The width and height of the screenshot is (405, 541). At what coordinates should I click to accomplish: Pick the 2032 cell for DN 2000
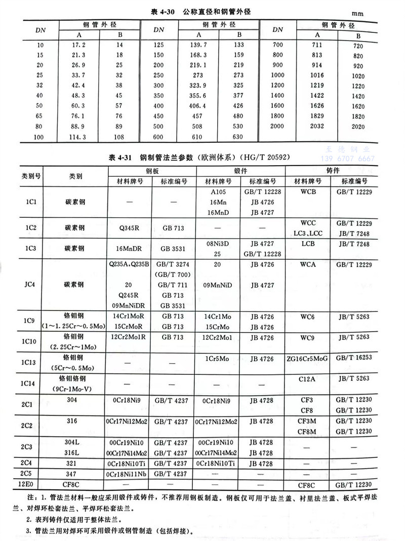pos(317,126)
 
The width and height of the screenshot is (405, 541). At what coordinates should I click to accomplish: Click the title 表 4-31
pos(121,157)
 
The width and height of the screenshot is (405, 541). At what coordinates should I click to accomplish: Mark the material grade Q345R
pos(130,228)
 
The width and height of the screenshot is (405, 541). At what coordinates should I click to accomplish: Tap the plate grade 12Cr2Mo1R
pos(130,337)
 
